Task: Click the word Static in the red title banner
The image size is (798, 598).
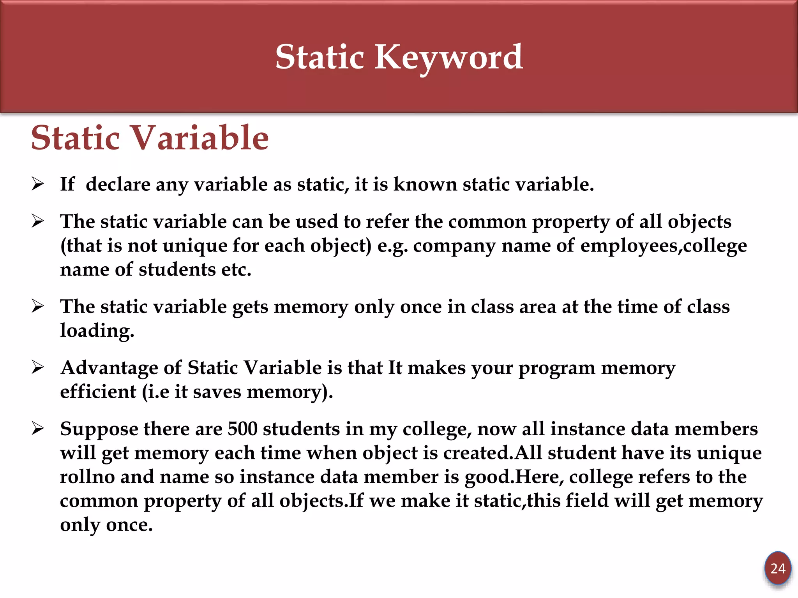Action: [320, 58]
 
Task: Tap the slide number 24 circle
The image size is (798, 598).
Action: [778, 569]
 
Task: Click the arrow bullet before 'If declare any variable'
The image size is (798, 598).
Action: [38, 184]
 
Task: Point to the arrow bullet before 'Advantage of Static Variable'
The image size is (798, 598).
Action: [38, 367]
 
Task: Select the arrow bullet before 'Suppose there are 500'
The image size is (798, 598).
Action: [38, 429]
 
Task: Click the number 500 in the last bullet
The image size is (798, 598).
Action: [242, 429]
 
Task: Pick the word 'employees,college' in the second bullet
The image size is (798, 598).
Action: [664, 246]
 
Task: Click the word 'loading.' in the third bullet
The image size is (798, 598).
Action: [97, 331]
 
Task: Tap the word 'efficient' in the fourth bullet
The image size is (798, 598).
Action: [98, 392]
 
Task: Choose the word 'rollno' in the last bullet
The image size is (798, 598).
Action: [87, 477]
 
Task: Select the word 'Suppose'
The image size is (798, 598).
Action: [99, 429]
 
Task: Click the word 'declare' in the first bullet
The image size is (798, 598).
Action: [118, 184]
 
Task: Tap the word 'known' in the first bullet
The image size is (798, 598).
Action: [425, 184]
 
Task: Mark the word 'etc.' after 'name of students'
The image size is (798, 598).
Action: [236, 269]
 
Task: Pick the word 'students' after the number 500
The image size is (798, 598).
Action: [301, 429]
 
